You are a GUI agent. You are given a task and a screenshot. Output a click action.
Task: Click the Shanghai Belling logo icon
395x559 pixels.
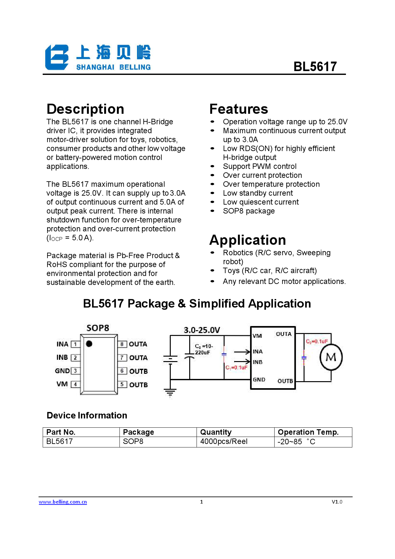pos(57,57)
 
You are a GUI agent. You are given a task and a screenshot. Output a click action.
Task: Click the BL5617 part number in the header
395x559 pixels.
pos(315,67)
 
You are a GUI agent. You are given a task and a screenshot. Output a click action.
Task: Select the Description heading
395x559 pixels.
pos(85,109)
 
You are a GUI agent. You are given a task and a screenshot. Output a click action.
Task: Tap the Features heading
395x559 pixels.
pos(239,109)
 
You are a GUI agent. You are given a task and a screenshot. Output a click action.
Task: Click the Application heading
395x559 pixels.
pos(248,240)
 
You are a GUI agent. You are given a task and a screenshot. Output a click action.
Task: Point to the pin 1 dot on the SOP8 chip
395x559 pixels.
pos(89,344)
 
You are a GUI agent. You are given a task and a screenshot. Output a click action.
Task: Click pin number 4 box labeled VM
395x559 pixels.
pos(75,384)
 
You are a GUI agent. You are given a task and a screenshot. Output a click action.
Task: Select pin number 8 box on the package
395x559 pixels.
pos(122,344)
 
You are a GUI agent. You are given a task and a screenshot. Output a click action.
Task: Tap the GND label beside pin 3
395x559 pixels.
pos(62,371)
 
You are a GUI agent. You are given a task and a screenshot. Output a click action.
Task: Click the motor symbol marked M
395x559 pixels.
pos(331,357)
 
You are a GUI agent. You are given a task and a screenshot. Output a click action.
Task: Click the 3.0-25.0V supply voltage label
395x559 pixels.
pos(202,330)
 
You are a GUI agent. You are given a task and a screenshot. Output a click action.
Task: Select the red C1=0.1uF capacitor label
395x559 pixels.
pos(236,367)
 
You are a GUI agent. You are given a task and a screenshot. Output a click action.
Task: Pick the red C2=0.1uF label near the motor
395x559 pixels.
pos(317,341)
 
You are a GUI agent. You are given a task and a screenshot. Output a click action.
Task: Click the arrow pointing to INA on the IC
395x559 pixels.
pos(242,352)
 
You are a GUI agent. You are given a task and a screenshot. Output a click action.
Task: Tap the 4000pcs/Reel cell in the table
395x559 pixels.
pos(224,441)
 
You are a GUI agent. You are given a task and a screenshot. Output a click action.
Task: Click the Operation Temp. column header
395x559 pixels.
pos(308,432)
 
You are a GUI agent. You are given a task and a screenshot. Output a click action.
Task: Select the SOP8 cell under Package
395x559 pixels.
pos(133,441)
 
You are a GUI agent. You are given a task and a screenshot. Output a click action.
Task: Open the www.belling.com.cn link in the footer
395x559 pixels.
pos(63,502)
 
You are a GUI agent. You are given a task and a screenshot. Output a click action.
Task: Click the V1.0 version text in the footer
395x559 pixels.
pos(337,502)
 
